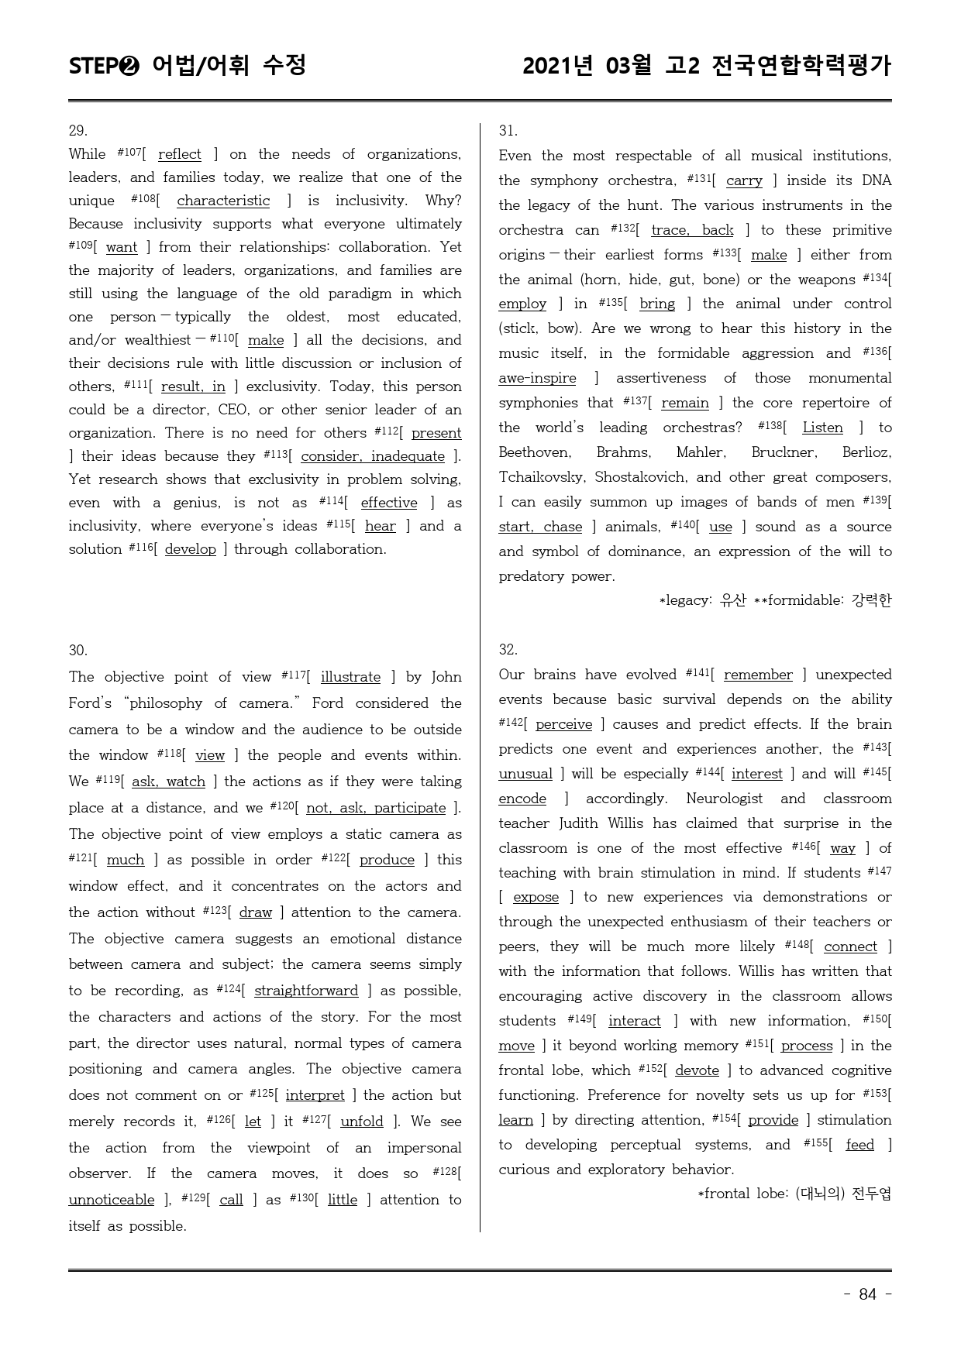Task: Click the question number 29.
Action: click(x=78, y=131)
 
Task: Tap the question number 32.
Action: click(x=508, y=650)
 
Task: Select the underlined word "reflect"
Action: click(x=179, y=155)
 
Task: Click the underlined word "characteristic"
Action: click(x=223, y=201)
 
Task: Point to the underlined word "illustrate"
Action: click(x=350, y=678)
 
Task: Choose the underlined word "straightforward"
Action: click(x=306, y=991)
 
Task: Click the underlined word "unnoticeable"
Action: click(x=112, y=1201)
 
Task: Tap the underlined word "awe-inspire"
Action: click(x=537, y=379)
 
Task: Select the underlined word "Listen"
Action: click(x=822, y=428)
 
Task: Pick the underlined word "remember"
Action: click(x=758, y=675)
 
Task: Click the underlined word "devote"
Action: click(x=697, y=1071)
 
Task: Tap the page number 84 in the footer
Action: click(x=867, y=1294)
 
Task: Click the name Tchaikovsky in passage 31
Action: click(x=542, y=478)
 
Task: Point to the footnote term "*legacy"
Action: click(x=684, y=601)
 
